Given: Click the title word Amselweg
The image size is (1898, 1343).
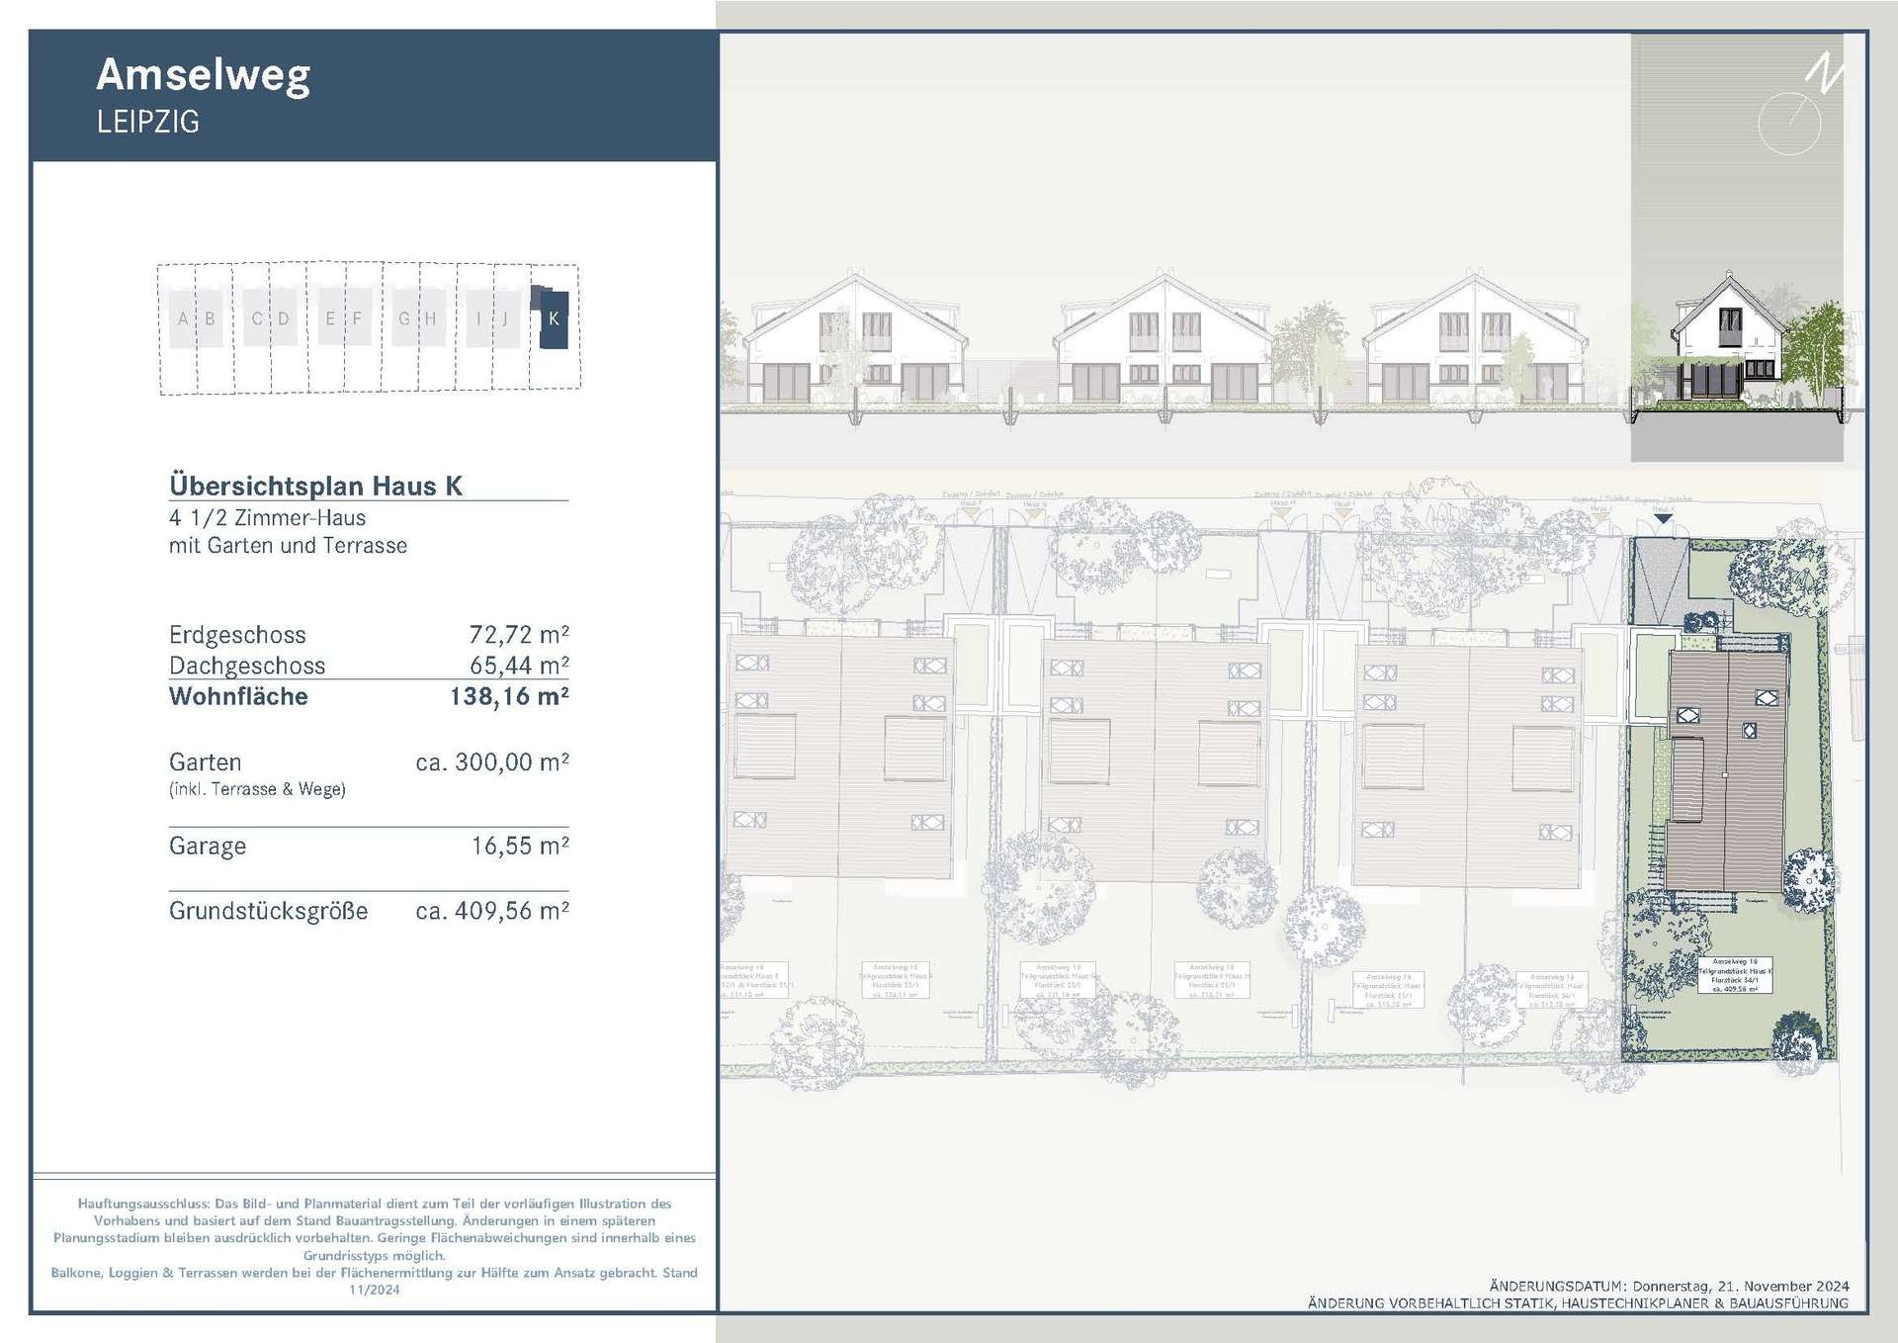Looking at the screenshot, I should [x=203, y=75].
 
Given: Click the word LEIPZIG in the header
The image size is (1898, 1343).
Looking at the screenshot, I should [x=148, y=122].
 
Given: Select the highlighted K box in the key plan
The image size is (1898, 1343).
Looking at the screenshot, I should [x=553, y=318].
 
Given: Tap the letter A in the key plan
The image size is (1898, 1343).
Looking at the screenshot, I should [x=183, y=318].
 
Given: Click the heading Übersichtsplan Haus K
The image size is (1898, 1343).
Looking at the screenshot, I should [x=315, y=486].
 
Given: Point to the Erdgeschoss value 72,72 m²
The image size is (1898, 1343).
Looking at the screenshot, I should [x=518, y=634].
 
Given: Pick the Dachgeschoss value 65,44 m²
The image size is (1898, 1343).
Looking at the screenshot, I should [x=518, y=666].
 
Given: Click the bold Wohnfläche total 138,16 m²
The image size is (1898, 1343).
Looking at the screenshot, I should [x=508, y=696].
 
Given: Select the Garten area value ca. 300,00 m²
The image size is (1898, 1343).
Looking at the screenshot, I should [x=491, y=762].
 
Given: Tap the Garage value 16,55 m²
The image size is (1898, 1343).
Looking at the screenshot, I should [x=519, y=846].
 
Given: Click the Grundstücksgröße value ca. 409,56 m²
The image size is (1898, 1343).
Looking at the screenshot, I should [x=491, y=911].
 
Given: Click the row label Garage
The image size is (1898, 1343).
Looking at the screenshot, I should [x=208, y=846].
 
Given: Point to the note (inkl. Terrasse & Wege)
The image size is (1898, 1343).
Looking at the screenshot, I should [x=257, y=789].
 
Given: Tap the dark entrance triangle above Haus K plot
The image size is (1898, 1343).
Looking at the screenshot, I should [x=1663, y=518].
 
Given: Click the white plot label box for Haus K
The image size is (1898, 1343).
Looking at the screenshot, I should [x=1735, y=974].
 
